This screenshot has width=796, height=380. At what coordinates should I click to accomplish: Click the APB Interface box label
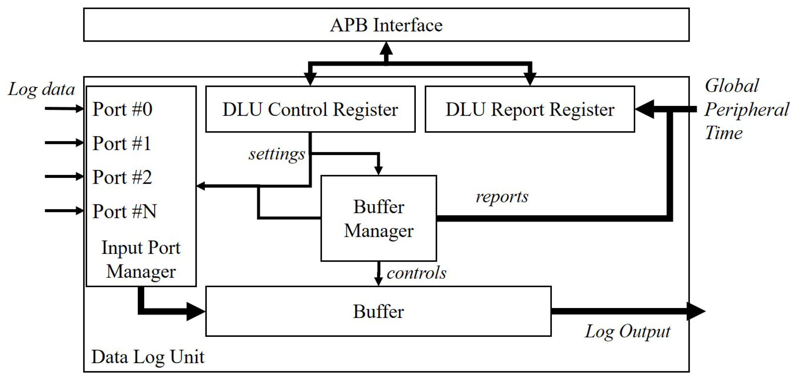tap(386, 25)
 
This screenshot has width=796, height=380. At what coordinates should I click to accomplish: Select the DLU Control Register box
tap(310, 109)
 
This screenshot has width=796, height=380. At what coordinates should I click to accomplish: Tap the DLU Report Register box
tap(530, 109)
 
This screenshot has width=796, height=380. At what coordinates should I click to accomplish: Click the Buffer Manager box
tap(378, 218)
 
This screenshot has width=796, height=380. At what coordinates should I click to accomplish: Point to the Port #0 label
tap(122, 109)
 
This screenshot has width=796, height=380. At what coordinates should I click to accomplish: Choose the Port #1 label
tap(121, 143)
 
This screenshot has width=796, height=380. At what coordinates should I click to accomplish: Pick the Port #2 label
tap(122, 177)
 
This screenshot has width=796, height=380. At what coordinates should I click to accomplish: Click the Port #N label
tap(124, 211)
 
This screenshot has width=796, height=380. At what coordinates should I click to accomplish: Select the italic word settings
tap(276, 154)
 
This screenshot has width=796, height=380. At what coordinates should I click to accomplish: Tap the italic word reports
tap(502, 197)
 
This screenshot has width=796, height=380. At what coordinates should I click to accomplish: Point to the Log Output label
tap(627, 332)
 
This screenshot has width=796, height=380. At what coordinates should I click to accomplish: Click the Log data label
tap(41, 90)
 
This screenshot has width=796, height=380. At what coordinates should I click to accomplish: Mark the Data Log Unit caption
tap(148, 357)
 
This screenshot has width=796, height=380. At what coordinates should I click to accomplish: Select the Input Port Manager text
tap(141, 260)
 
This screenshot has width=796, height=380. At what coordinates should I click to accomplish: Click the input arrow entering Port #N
tap(63, 211)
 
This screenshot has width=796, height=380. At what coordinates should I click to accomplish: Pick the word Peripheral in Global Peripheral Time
tap(746, 110)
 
